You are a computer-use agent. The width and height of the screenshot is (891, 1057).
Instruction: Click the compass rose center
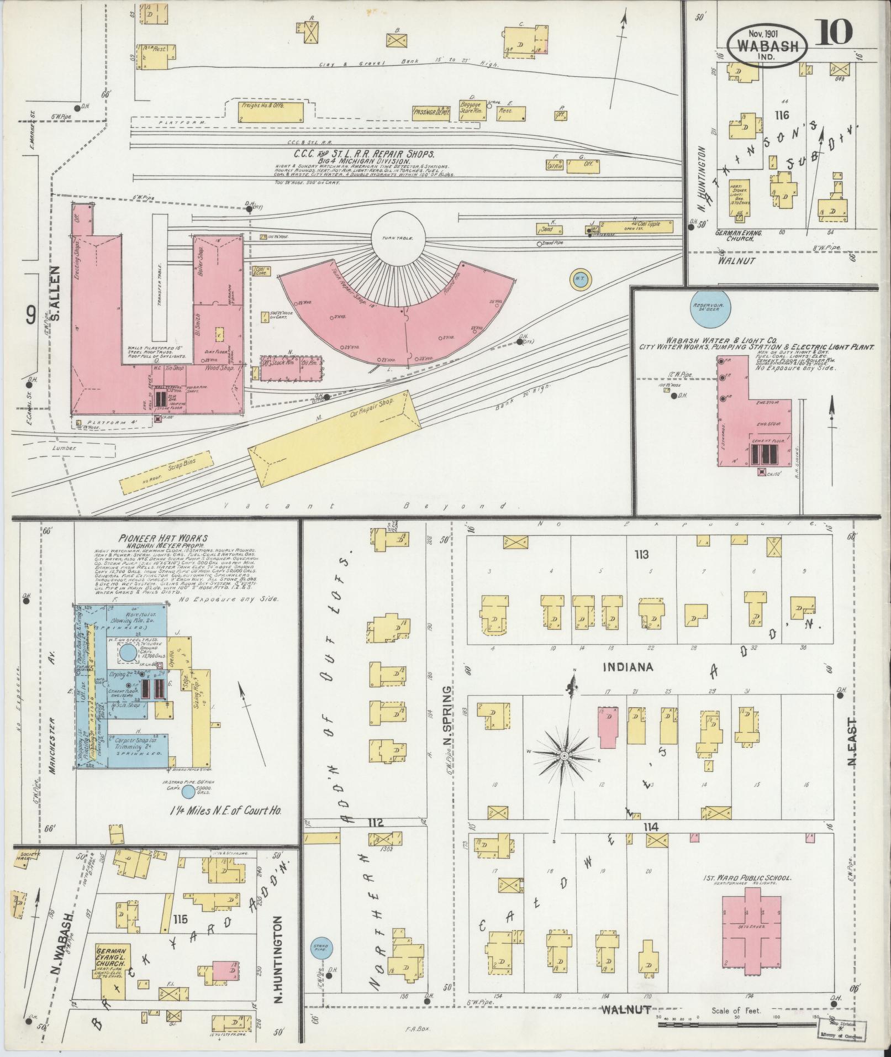click(x=564, y=755)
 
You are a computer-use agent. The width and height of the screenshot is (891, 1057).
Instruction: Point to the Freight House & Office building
click(x=271, y=112)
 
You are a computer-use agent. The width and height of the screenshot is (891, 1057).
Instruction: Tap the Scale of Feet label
click(x=735, y=1010)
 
